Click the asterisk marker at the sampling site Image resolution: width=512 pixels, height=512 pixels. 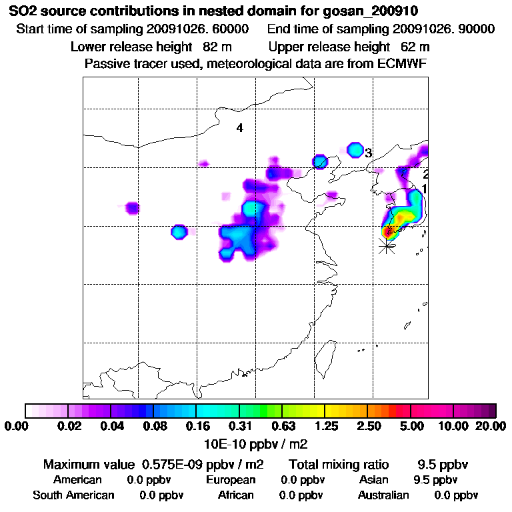pos(385,246)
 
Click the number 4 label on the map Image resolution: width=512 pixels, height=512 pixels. pos(239,128)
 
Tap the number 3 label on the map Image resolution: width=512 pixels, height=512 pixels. pos(367,153)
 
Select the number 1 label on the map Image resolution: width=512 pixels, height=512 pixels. pos(424,189)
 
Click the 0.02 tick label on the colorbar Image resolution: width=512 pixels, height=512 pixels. pos(69,426)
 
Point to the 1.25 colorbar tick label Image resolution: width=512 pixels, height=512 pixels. pos(325,426)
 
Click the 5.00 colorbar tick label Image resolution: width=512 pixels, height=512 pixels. pos(411,426)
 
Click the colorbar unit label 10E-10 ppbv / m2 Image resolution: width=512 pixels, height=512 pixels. pos(256,443)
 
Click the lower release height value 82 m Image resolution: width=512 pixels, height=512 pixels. pos(217,47)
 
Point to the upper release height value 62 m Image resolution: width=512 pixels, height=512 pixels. pos(415,47)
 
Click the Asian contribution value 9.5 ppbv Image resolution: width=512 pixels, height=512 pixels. pos(435,480)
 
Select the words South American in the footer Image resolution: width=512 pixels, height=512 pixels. pos(73,495)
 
